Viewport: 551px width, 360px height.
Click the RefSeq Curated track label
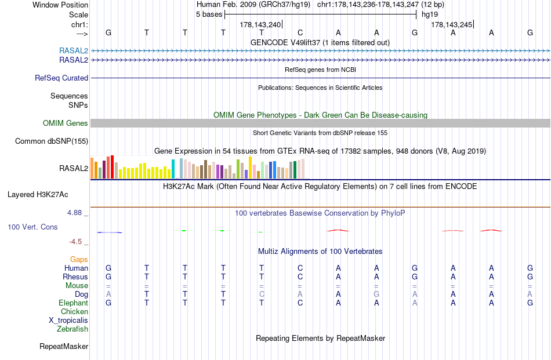(61, 78)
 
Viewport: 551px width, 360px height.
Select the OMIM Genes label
(66, 123)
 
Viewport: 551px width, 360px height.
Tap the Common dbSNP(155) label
(52, 141)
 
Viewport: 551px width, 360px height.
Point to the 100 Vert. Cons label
(32, 227)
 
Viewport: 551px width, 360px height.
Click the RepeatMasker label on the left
(64, 346)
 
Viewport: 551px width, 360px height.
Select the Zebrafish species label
(72, 329)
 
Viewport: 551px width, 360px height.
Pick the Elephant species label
(73, 303)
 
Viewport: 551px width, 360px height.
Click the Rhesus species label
(75, 277)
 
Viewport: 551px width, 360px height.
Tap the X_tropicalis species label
(68, 320)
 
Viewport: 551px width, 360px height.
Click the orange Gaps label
(79, 259)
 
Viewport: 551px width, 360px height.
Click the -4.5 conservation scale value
(76, 241)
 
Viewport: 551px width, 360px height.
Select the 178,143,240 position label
(260, 24)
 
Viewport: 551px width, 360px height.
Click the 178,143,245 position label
(451, 24)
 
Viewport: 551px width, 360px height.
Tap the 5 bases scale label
(209, 14)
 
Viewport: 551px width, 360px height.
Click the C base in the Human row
(300, 268)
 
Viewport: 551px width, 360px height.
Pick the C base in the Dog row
(262, 294)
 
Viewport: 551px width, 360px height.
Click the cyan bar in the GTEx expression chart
(173, 168)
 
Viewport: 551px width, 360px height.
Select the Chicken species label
(74, 311)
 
